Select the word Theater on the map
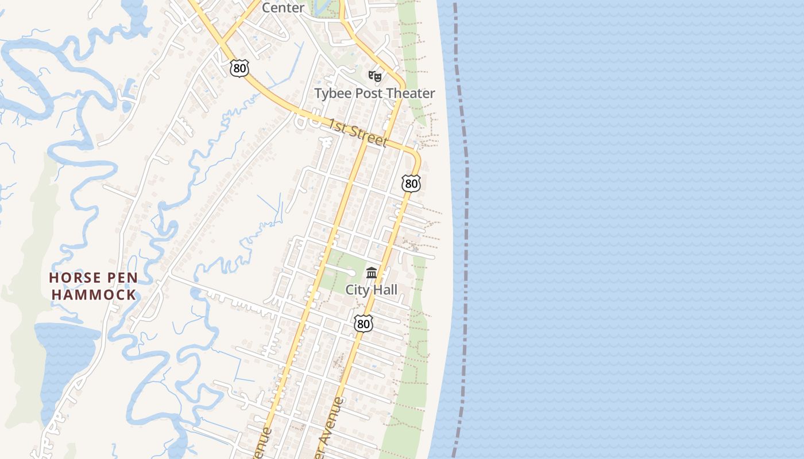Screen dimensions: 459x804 click(411, 94)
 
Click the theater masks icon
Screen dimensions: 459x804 click(375, 76)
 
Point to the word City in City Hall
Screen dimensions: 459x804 click(356, 290)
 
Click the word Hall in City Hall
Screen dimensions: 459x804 click(384, 290)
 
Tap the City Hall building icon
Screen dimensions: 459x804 click(372, 273)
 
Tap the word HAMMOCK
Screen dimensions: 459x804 click(94, 295)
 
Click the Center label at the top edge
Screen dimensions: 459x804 click(283, 7)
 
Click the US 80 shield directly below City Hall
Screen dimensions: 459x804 click(363, 324)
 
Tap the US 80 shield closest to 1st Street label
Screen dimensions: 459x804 click(411, 184)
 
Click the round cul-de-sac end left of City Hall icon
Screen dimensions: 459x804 click(350, 273)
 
